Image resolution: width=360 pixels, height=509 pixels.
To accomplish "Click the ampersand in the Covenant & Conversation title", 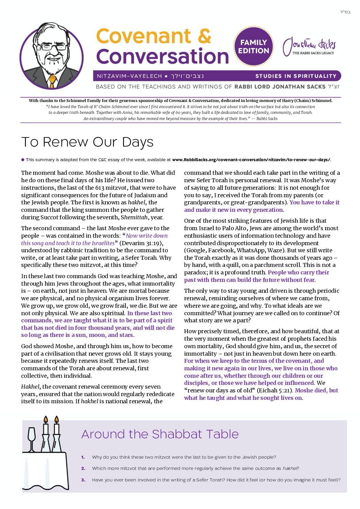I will point(204,36).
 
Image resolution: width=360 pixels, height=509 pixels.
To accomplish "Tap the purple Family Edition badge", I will point(253,47).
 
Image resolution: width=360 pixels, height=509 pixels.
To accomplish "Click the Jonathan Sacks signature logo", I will point(309,47).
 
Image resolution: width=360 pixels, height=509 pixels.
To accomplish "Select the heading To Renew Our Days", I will point(87,142).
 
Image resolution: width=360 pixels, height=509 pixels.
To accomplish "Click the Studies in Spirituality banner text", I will point(296,76).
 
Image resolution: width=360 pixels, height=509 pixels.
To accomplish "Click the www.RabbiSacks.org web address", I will point(251,159).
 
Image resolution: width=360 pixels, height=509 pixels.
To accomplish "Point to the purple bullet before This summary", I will point(23,159).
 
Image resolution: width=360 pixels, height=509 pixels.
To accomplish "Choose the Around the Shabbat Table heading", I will point(160,434).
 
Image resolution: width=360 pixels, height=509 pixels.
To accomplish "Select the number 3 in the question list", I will point(83,480).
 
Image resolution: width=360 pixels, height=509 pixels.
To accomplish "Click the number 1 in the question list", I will point(83,457).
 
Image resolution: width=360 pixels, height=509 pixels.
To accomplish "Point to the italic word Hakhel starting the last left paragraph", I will point(30,387).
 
